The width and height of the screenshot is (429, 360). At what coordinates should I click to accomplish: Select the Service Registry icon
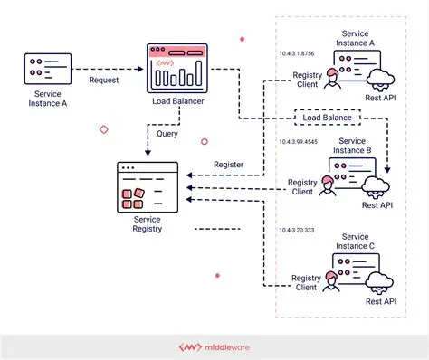point(139,188)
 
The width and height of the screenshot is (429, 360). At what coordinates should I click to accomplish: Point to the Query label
point(167,134)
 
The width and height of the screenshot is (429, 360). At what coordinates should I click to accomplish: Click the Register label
point(229,164)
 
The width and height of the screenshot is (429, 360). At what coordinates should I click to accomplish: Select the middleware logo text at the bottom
point(223,346)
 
